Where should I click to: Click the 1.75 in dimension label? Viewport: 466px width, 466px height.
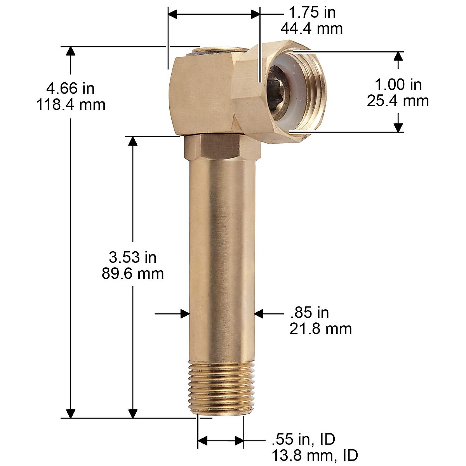click(x=312, y=12)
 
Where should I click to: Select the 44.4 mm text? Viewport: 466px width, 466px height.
click(x=312, y=28)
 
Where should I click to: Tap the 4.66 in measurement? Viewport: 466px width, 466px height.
click(x=70, y=89)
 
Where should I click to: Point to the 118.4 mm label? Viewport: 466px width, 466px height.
click(x=71, y=105)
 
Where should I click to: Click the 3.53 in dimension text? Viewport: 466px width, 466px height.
click(x=132, y=257)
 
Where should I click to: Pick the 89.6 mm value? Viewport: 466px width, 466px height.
click(x=132, y=273)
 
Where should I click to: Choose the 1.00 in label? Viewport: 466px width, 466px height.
click(x=398, y=85)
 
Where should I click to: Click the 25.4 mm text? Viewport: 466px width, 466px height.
click(x=398, y=101)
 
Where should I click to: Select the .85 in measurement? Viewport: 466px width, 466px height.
click(x=310, y=313)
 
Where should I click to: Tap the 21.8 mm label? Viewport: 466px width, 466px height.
click(x=321, y=329)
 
